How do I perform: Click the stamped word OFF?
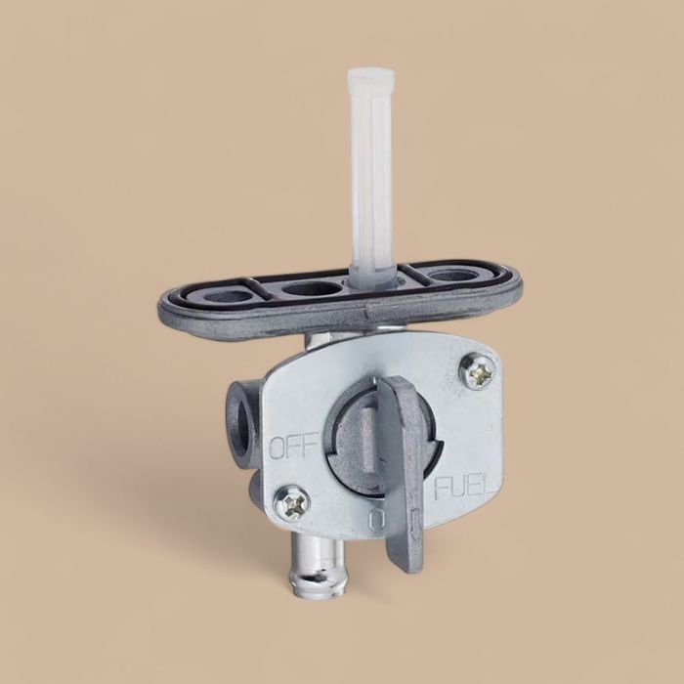click(291, 449)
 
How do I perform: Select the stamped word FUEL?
click(466, 486)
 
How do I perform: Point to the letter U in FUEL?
click(460, 486)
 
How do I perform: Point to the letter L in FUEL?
click(492, 486)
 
